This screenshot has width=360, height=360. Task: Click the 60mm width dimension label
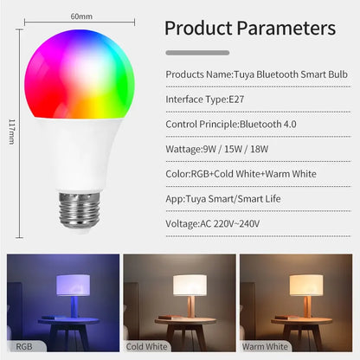coord(82,16)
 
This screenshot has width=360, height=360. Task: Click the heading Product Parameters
coord(250,28)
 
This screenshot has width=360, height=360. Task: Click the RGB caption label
coord(23,346)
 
